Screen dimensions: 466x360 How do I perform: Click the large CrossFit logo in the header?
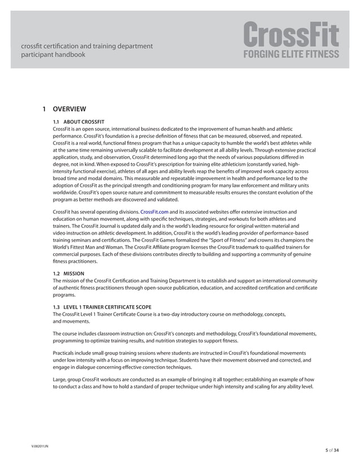[x=291, y=35]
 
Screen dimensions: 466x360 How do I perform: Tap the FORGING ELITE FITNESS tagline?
[x=291, y=55]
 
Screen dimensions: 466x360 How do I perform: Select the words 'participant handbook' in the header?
[x=53, y=55]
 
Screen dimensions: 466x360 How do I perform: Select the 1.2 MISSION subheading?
[x=68, y=274]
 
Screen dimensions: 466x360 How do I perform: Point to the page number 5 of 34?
[x=333, y=450]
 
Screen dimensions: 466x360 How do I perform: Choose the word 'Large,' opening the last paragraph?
[x=60, y=380]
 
